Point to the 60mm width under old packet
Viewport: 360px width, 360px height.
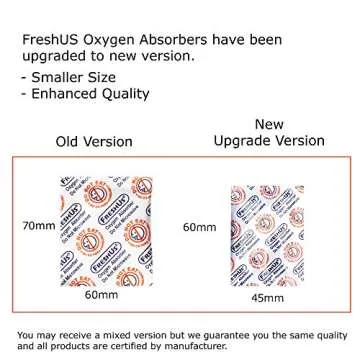coord(100,296)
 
